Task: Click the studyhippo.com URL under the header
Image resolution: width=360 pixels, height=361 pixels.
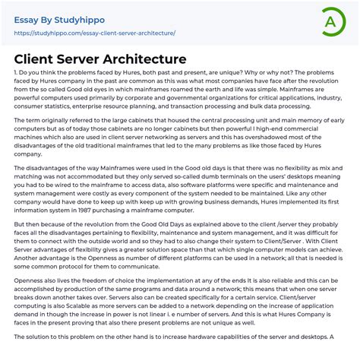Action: (x=95, y=33)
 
